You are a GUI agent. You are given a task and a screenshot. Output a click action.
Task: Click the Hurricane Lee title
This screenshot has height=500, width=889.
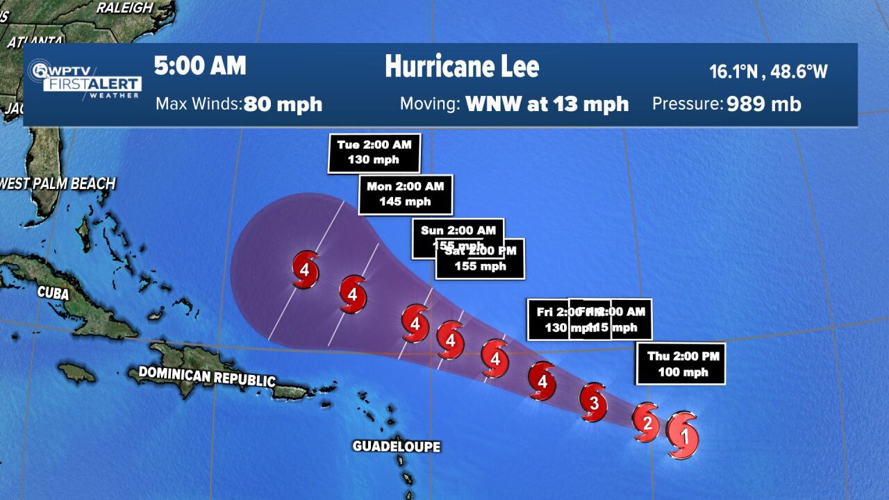[x=462, y=67]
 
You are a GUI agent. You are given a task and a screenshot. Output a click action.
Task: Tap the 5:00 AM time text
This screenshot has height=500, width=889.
[x=200, y=66]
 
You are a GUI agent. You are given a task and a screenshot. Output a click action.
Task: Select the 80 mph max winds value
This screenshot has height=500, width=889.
[x=283, y=104]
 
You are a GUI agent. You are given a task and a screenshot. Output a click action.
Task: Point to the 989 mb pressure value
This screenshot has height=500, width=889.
[x=764, y=104]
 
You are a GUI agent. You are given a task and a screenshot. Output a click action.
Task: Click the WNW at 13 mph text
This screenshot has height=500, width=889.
[x=547, y=104]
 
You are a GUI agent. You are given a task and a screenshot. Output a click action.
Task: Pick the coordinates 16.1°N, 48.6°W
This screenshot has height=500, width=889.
[x=768, y=71]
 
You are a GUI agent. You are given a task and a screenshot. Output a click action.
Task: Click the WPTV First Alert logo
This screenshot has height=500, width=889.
[x=85, y=79]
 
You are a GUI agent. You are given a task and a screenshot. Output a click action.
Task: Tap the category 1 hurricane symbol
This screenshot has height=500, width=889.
[x=682, y=435]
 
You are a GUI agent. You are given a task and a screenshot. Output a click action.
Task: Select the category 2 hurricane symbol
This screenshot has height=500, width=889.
[x=646, y=422]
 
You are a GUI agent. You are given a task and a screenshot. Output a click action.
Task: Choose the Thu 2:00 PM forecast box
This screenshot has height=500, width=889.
[x=681, y=364]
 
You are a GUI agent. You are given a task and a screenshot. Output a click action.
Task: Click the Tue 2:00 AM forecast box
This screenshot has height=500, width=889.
[x=374, y=152]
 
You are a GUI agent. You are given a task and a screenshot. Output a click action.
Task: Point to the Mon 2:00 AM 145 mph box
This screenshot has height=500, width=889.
[x=405, y=194]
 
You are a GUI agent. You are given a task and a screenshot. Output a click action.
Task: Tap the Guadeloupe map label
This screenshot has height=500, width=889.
[x=396, y=446]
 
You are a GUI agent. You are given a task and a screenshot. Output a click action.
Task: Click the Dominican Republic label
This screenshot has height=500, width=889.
[x=207, y=376]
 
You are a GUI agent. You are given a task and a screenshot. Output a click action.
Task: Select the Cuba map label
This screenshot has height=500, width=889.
[x=53, y=294]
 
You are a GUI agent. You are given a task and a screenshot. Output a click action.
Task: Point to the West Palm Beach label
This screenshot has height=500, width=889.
[x=58, y=184]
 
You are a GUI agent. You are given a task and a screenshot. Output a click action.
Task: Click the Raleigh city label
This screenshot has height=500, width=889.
[x=125, y=8]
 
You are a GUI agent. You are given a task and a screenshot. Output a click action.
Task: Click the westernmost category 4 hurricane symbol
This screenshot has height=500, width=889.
[x=305, y=270]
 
